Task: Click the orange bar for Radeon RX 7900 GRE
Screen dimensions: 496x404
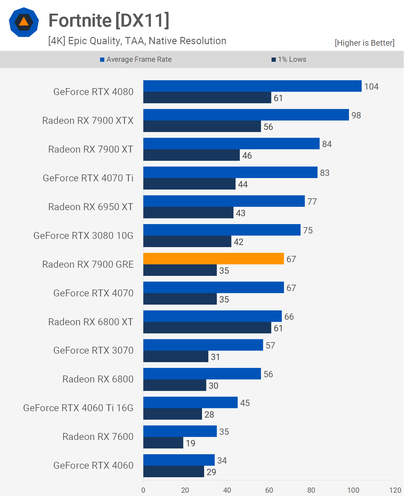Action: pyautogui.click(x=213, y=259)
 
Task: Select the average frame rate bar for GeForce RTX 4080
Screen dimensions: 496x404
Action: pyautogui.click(x=252, y=86)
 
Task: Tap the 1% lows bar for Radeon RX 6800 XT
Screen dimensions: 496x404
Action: pyautogui.click(x=207, y=328)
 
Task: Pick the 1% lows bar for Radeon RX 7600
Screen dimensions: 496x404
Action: pyautogui.click(x=163, y=443)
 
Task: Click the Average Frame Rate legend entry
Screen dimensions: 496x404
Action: pyautogui.click(x=136, y=59)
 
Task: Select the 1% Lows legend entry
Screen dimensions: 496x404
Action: pyautogui.click(x=289, y=59)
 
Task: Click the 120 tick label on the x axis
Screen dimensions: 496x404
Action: pyautogui.click(x=395, y=490)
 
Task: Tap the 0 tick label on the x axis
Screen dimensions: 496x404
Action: pyautogui.click(x=143, y=490)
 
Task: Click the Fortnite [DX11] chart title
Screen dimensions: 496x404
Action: pyautogui.click(x=109, y=21)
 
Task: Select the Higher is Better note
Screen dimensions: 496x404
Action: pyautogui.click(x=364, y=43)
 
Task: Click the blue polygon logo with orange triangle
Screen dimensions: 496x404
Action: pyautogui.click(x=24, y=22)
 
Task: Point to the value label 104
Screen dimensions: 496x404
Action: pyautogui.click(x=371, y=87)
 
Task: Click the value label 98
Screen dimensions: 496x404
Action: pyautogui.click(x=356, y=115)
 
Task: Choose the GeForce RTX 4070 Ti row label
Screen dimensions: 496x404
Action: pyautogui.click(x=88, y=178)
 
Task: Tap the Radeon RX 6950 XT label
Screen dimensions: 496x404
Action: pyautogui.click(x=91, y=207)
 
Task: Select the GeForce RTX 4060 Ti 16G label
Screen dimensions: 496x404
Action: pyautogui.click(x=78, y=408)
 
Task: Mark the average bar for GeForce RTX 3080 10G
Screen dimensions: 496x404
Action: pyautogui.click(x=222, y=230)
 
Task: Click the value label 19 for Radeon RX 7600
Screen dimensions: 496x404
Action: pyautogui.click(x=191, y=443)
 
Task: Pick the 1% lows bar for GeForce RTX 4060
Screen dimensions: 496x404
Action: pyautogui.click(x=174, y=471)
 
